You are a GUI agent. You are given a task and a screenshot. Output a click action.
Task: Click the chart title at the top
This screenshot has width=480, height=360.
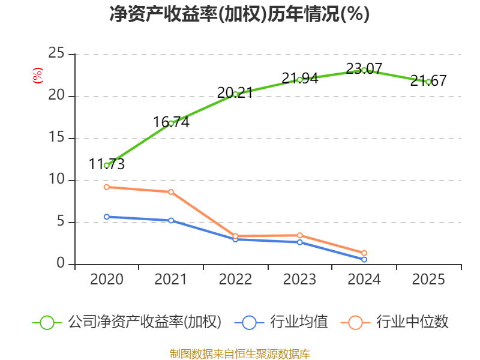pyautogui.click(x=239, y=14)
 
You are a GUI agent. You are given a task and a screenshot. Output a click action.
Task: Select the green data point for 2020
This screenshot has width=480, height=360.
pyautogui.click(x=107, y=166)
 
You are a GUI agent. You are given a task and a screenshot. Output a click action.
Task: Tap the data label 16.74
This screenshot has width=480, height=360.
pyautogui.click(x=171, y=122)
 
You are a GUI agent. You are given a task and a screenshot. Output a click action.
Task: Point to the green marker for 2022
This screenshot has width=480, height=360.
pyautogui.click(x=235, y=94)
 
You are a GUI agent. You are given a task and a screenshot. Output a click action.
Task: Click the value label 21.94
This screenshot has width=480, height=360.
pyautogui.click(x=300, y=79)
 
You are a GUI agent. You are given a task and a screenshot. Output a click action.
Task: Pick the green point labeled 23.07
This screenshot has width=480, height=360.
pyautogui.click(x=364, y=70)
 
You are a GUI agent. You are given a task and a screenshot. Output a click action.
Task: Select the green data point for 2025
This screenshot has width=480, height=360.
pyautogui.click(x=428, y=82)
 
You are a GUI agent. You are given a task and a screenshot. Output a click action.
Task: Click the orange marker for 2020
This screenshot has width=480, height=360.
pyautogui.click(x=107, y=187)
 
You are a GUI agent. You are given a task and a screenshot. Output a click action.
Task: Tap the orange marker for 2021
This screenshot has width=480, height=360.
pyautogui.click(x=171, y=192)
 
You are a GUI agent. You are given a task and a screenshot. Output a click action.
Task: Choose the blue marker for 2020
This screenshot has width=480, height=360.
pyautogui.click(x=107, y=217)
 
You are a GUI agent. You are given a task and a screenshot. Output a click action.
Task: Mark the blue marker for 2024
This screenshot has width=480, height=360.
pyautogui.click(x=364, y=259)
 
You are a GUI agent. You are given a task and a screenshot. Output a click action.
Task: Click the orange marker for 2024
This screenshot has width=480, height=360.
pyautogui.click(x=364, y=253)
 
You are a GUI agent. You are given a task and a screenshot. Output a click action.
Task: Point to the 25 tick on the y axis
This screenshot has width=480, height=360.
pyautogui.click(x=56, y=53)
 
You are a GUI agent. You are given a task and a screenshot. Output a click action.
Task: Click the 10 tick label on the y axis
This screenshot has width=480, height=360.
pyautogui.click(x=56, y=179)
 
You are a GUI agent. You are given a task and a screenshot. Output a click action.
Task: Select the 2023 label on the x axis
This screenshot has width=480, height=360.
pyautogui.click(x=299, y=279)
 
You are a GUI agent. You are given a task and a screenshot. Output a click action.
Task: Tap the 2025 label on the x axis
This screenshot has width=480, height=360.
pyautogui.click(x=428, y=279)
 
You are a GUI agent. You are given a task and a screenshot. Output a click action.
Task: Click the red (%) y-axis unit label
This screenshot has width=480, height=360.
pyautogui.click(x=38, y=76)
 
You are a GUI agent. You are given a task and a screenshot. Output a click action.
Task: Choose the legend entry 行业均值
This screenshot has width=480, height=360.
pyautogui.click(x=281, y=322)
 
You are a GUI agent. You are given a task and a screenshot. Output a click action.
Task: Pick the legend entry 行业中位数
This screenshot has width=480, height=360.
pyautogui.click(x=394, y=322)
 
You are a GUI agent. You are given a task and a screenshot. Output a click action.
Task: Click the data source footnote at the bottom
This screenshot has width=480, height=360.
pyautogui.click(x=240, y=354)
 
